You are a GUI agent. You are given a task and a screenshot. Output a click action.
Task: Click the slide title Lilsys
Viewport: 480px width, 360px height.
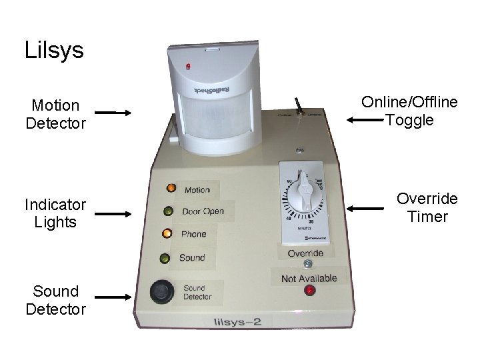54,51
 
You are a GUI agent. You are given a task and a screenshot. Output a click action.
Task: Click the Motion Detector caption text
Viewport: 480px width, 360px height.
55,114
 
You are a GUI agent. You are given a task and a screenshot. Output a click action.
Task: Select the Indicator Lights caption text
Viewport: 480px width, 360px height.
55,213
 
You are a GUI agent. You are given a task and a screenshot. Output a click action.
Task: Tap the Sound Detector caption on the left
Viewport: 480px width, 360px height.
55,300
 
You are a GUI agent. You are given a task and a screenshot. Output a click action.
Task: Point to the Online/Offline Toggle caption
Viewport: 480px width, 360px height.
409,111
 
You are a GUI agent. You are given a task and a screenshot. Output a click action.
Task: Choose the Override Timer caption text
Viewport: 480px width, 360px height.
427,208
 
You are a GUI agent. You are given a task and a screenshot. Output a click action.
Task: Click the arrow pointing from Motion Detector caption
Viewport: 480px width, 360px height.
113,114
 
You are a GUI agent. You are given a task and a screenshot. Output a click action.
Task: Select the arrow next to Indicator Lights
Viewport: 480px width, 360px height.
113,214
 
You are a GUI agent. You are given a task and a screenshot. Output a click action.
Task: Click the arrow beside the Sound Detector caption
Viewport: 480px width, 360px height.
113,299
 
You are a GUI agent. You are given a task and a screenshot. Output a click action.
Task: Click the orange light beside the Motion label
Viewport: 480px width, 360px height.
171,189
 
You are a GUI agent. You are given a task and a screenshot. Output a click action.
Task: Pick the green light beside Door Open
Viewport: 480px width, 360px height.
168,212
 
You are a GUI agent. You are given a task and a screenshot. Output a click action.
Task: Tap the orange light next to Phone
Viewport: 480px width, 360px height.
166,234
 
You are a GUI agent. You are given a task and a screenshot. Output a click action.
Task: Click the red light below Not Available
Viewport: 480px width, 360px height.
309,291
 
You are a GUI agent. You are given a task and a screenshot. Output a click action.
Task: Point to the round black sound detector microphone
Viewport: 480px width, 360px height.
160,291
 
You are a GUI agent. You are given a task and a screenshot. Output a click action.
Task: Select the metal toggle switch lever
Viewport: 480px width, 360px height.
299,106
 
